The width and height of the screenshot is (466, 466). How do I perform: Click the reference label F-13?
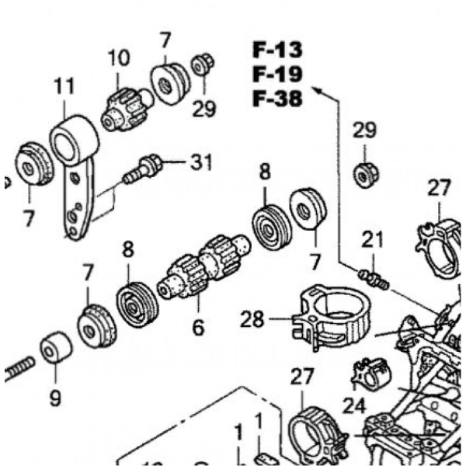coord(277,50)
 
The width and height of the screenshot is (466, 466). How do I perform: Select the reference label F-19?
coord(277,75)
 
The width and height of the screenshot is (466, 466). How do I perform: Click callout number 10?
coord(119,57)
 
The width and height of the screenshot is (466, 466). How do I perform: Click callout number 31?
coord(201,162)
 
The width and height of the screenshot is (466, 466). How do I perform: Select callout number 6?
coord(198,328)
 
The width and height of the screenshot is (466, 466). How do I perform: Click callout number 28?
coord(252,318)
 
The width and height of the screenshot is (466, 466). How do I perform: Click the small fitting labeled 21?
coord(374,277)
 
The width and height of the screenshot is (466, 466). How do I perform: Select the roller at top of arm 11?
coord(75,140)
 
